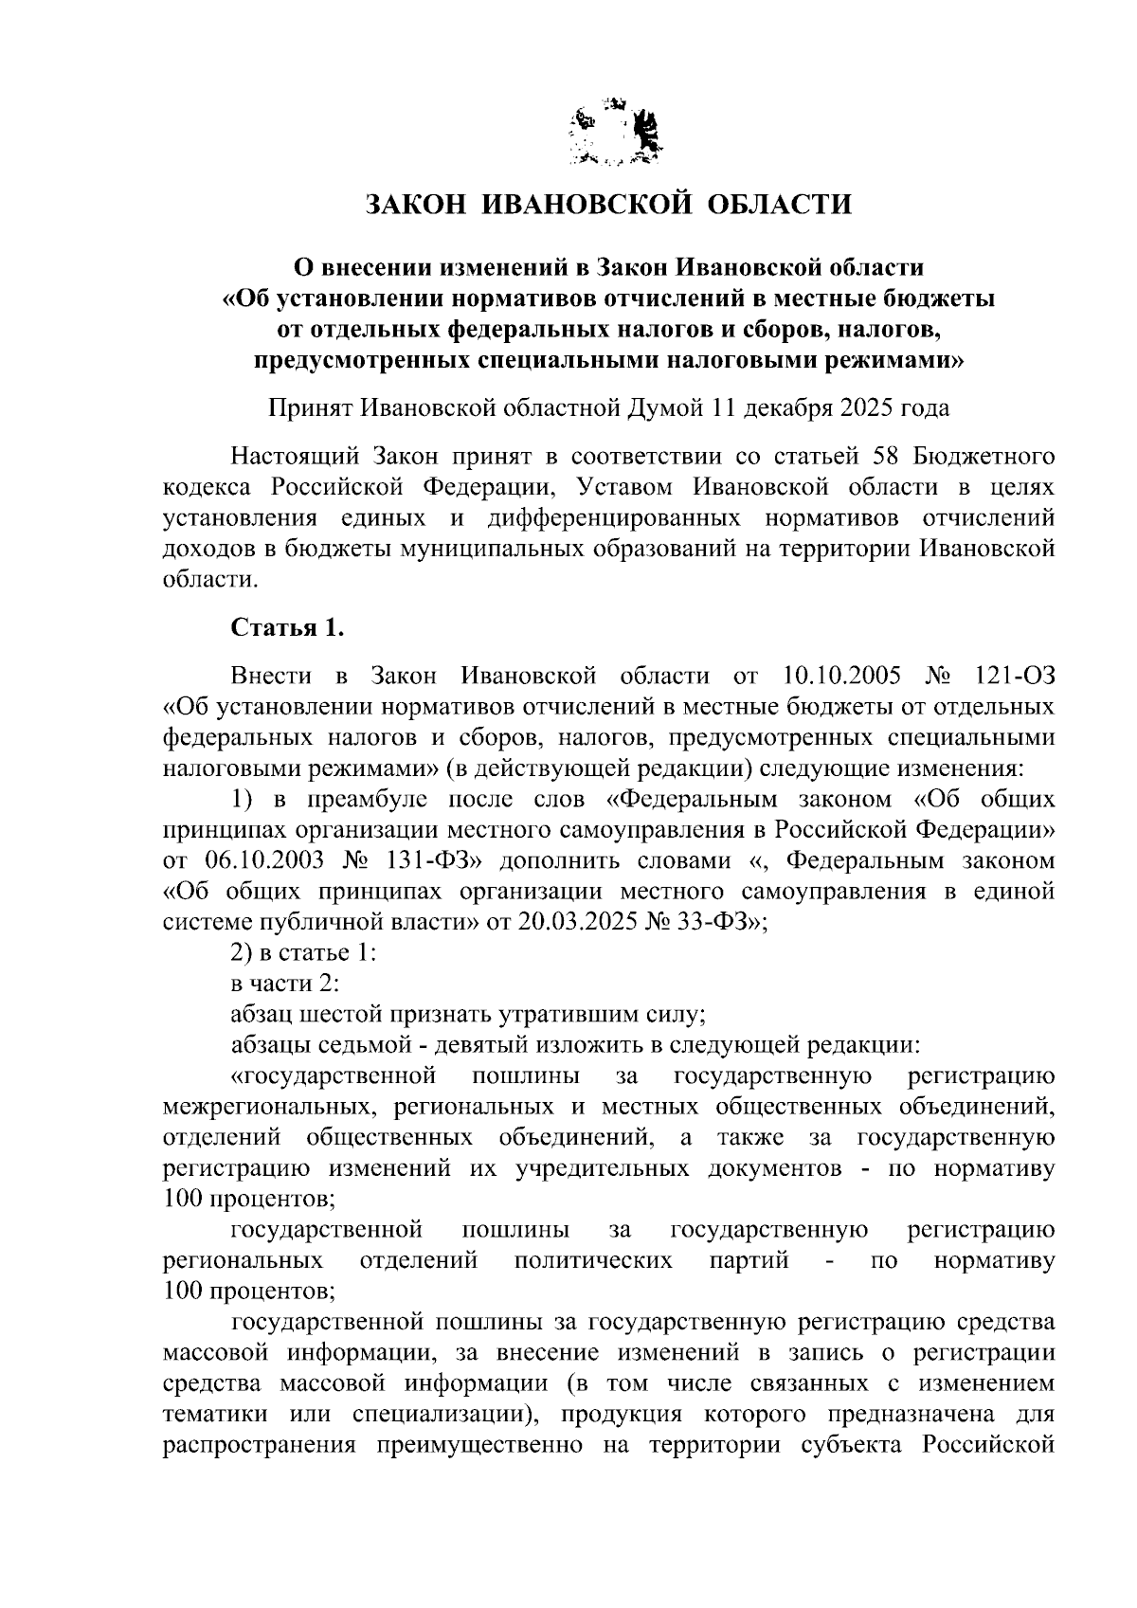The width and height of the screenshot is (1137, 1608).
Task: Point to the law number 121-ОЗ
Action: (x=1013, y=676)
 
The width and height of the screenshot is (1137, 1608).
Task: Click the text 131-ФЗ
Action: (x=425, y=860)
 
